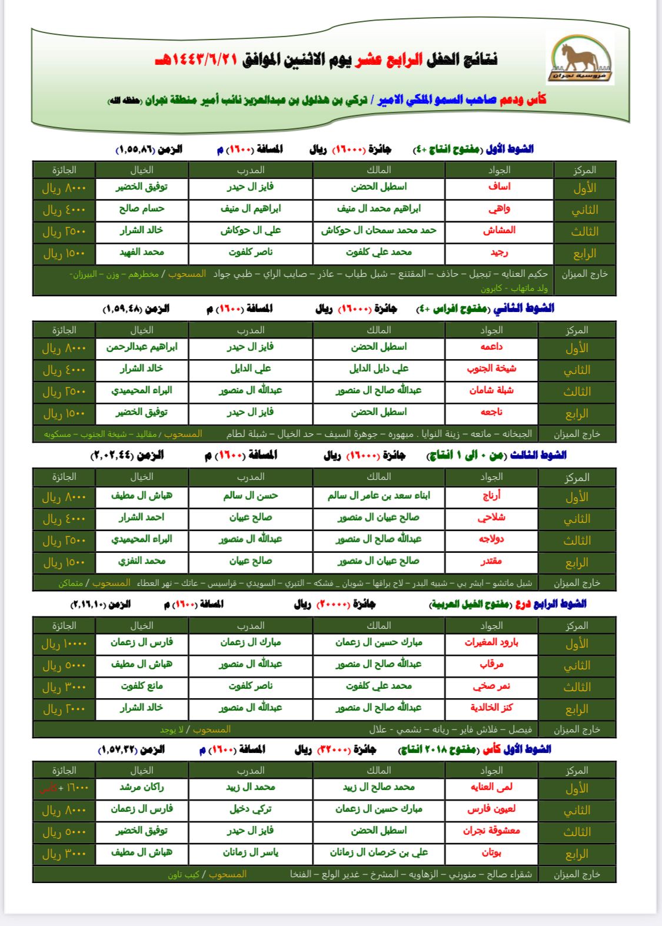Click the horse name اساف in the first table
tap(499, 187)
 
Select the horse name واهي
tap(499, 208)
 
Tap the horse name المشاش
tap(499, 230)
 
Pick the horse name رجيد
tap(499, 252)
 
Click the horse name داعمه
tap(491, 347)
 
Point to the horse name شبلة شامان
tap(491, 390)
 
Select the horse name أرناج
tap(491, 496)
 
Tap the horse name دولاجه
tap(491, 539)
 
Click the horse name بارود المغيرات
tap(491, 642)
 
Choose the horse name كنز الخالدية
tap(491, 708)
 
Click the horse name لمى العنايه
tap(491, 787)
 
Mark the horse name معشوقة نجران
tap(491, 831)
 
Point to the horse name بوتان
tap(491, 852)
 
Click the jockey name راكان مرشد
tap(142, 787)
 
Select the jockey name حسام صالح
tap(142, 208)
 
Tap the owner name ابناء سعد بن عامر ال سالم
tap(379, 496)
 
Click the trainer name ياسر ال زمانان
tap(251, 852)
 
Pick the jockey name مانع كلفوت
tap(142, 686)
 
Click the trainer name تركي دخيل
tap(251, 809)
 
